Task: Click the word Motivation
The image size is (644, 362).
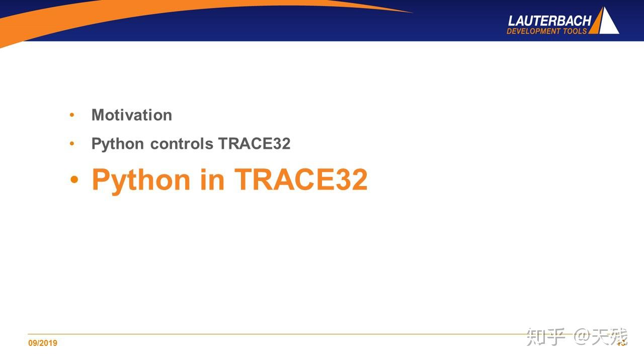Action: [x=132, y=115]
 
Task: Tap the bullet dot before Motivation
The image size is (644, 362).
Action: [x=72, y=115]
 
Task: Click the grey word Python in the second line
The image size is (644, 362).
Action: [x=118, y=144]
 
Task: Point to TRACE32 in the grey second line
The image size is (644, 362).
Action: [x=254, y=144]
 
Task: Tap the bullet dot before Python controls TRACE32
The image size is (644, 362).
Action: [x=72, y=144]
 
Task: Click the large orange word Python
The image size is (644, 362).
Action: [x=141, y=179]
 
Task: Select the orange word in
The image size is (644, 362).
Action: [x=212, y=179]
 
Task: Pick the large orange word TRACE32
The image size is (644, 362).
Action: [x=301, y=179]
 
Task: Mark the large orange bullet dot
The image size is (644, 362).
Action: [x=74, y=179]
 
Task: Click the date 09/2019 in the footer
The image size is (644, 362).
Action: [x=43, y=343]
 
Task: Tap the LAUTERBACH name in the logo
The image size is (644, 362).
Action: [x=549, y=21]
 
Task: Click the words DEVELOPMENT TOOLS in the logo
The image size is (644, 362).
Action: [x=547, y=31]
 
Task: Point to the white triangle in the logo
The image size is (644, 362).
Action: [x=609, y=23]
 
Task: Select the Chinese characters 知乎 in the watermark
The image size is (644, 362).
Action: [x=546, y=337]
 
